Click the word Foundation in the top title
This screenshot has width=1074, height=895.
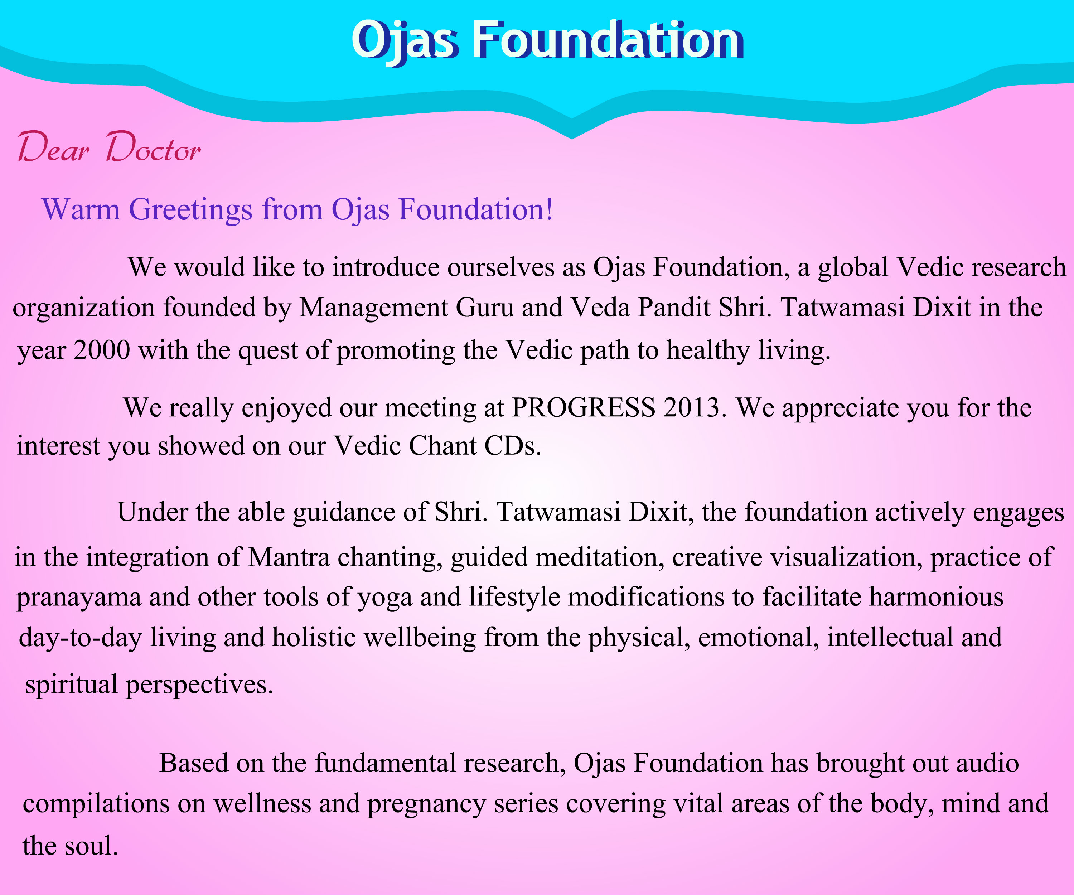pyautogui.click(x=607, y=41)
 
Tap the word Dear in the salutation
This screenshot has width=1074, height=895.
pyautogui.click(x=54, y=147)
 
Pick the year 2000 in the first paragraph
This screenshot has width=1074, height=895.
pyautogui.click(x=102, y=350)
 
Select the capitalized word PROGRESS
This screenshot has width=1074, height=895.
pyautogui.click(x=584, y=408)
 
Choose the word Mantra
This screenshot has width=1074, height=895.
pyautogui.click(x=289, y=557)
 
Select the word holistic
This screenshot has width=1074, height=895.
pyautogui.click(x=314, y=637)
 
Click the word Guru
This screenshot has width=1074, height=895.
pyautogui.click(x=484, y=308)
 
